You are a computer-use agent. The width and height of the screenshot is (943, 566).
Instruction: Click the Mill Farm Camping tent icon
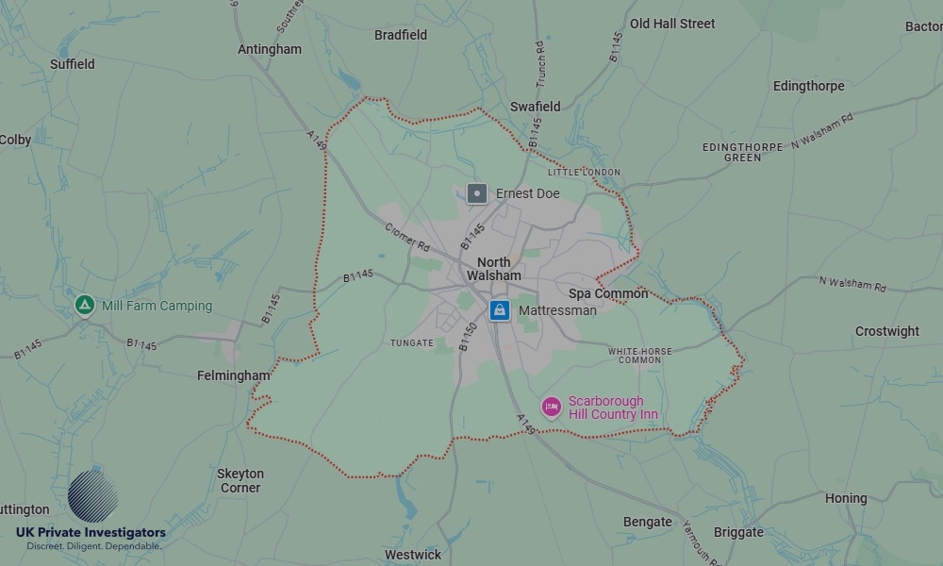coord(85,305)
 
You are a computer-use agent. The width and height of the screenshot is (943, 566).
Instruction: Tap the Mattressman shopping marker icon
coord(500,310)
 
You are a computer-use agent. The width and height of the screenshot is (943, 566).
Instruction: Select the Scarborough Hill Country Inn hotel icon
coord(552,407)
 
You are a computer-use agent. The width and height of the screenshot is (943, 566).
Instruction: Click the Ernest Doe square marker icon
coord(477,193)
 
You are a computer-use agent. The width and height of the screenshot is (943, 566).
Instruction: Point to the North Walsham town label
coord(494,269)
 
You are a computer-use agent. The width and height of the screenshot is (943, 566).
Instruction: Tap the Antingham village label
coord(270,49)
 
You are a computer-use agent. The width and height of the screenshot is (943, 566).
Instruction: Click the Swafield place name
coord(536,107)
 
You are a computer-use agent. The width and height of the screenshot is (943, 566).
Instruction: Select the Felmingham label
coord(233,375)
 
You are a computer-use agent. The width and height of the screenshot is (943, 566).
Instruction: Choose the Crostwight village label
coord(887,331)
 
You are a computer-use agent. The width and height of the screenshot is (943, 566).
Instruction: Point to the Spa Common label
coord(608,293)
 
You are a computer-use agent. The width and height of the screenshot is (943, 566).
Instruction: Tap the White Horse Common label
coord(640,356)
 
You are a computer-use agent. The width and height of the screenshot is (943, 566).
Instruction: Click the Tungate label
coord(412,343)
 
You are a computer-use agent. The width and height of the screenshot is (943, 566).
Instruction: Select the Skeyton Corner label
coord(240,480)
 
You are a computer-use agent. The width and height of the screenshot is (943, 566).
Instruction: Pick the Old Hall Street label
coord(672,24)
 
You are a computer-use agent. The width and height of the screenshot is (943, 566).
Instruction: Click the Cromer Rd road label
coord(407,236)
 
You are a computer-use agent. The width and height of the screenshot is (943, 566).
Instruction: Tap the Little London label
coord(584,173)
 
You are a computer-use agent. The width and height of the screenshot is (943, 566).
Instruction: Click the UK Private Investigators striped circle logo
coord(92,496)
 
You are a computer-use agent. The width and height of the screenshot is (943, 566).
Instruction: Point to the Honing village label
coord(846,498)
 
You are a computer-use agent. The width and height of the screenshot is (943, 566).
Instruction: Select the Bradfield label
coord(401,35)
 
